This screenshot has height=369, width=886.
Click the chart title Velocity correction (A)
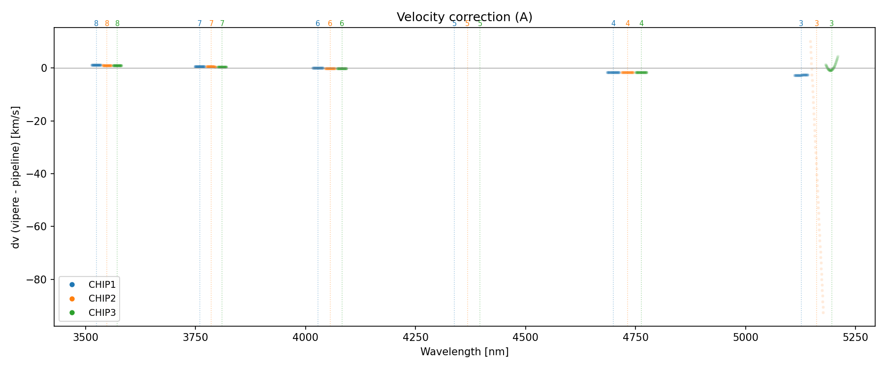(464, 17)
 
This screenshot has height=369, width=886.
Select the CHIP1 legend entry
(102, 284)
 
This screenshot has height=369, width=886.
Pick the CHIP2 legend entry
(102, 298)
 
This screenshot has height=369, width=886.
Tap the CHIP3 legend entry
(102, 312)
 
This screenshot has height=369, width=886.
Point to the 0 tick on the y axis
(44, 68)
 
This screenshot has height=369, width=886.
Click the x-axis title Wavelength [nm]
(464, 352)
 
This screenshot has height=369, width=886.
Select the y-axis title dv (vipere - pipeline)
(16, 177)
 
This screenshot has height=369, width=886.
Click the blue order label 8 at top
(96, 24)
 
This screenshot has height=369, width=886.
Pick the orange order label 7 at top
(211, 24)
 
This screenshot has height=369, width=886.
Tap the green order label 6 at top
(342, 24)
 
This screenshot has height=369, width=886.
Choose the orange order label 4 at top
(628, 24)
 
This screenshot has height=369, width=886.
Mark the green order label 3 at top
(832, 24)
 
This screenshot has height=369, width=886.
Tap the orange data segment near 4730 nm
(628, 72)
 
